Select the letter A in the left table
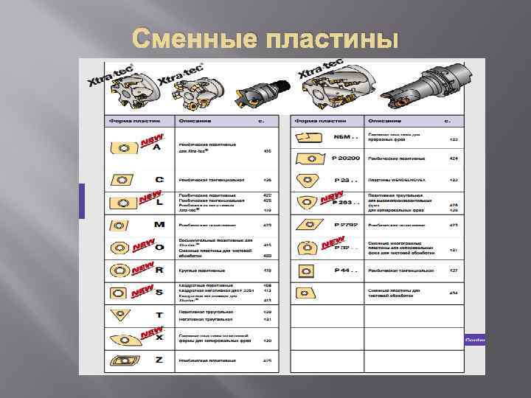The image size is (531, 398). (156, 147)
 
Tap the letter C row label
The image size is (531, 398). (159, 179)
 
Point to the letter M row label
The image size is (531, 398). (159, 224)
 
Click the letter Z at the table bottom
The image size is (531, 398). (159, 359)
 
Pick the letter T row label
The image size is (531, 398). (159, 315)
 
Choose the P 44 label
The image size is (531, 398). (345, 270)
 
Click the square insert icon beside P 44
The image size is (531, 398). (305, 270)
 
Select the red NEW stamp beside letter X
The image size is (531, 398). (152, 334)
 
